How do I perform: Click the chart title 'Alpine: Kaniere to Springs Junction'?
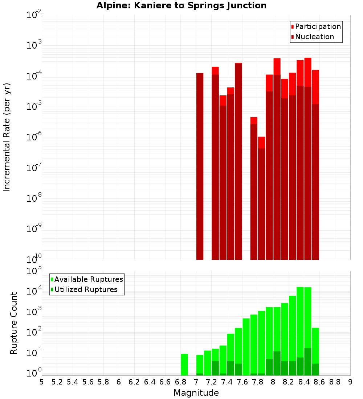coord(181,6)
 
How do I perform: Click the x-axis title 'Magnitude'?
coord(196,393)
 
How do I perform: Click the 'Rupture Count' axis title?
coord(14,323)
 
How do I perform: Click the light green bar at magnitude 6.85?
coord(184,365)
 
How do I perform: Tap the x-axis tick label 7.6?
coord(242,382)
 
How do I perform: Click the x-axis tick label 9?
coord(350,382)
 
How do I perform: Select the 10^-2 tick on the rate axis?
coord(34,15)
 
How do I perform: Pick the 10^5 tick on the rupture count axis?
coord(34,271)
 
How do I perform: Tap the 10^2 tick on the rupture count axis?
coord(34,333)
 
